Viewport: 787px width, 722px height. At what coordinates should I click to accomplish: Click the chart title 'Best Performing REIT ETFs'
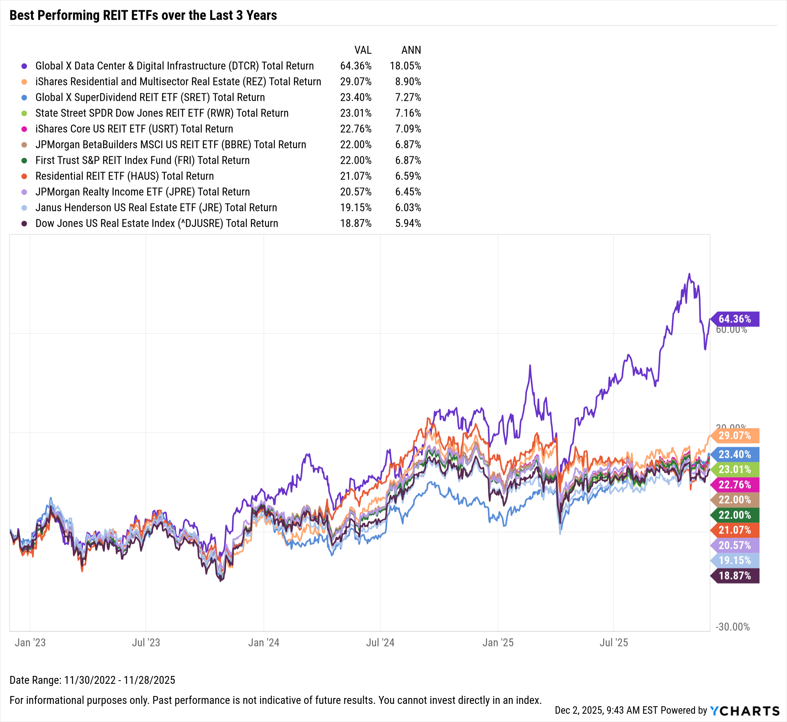[x=143, y=15]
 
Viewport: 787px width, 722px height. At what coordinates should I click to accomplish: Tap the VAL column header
[x=362, y=50]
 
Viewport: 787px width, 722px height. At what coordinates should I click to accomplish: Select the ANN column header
[x=411, y=50]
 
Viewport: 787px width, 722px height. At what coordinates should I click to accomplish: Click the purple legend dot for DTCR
[x=24, y=66]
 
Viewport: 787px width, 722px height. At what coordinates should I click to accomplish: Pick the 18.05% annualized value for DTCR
[x=405, y=66]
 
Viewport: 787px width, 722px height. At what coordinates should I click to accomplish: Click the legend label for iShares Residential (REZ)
[x=178, y=81]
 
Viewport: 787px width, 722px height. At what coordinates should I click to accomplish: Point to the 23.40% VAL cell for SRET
[x=356, y=97]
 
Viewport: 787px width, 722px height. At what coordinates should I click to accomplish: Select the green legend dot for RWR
[x=24, y=113]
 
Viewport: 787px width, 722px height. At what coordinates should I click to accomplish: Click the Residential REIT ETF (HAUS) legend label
[x=124, y=176]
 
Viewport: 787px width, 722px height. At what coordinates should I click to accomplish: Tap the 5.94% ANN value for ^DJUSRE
[x=408, y=223]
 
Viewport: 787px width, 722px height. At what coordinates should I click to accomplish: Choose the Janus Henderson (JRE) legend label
[x=156, y=207]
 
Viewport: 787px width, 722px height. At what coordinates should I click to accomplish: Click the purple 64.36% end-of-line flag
[x=735, y=319]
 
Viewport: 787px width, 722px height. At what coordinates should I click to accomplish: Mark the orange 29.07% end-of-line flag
[x=735, y=435]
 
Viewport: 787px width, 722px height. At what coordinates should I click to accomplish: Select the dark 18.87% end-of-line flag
[x=735, y=576]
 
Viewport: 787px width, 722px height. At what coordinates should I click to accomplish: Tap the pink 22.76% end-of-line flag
[x=735, y=485]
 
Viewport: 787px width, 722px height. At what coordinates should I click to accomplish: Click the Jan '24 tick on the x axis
[x=264, y=642]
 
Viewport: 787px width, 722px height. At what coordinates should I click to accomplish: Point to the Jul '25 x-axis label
[x=613, y=642]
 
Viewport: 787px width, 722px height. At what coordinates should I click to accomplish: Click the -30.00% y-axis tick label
[x=732, y=627]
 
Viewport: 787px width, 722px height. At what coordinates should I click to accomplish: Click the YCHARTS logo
[x=745, y=711]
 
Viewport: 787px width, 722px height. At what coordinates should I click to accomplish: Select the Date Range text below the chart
[x=92, y=680]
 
